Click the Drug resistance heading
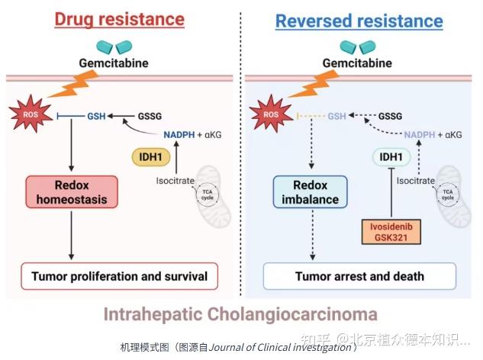tap(119, 20)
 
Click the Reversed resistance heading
tap(359, 20)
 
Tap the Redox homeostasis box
tap(72, 192)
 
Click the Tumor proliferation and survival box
tap(119, 275)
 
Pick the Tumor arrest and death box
tap(359, 276)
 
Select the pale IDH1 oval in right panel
tap(391, 158)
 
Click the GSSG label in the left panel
tap(150, 116)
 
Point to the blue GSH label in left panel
tap(96, 116)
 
